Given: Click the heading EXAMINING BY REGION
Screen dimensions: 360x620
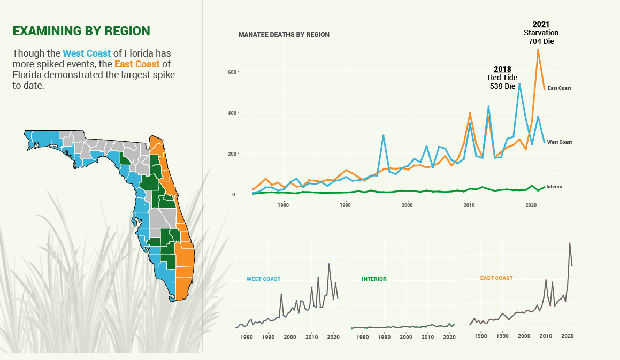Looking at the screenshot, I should [81, 31].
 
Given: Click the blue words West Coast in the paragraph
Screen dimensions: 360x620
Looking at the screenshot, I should [87, 53].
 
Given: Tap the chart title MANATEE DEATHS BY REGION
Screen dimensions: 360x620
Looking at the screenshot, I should [284, 35].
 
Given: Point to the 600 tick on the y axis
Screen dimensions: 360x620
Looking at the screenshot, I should [232, 72].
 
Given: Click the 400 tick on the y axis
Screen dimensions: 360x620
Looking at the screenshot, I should [232, 113].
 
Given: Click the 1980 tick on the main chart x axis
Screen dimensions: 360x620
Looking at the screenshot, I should [284, 205].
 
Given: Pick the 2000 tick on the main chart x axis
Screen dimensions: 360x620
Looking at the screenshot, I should [408, 205].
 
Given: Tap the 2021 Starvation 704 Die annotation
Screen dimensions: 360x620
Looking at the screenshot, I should [541, 33].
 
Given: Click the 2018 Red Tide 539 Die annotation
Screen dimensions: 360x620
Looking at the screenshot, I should [502, 78].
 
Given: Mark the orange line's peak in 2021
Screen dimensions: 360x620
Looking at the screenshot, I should [538, 50].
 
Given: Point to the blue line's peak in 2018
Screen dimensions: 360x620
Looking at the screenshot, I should [519, 84].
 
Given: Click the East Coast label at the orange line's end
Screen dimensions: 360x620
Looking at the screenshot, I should [559, 88].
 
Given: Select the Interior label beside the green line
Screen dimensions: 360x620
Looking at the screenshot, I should [554, 187].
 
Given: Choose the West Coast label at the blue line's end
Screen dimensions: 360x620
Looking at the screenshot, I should [559, 142].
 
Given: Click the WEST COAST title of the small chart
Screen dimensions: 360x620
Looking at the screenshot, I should [263, 279].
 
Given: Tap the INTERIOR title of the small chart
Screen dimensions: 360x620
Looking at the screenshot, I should [374, 279].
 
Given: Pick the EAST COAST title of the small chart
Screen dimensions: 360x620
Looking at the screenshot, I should [496, 278].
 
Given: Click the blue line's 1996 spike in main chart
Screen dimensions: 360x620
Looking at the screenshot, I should [383, 136].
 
